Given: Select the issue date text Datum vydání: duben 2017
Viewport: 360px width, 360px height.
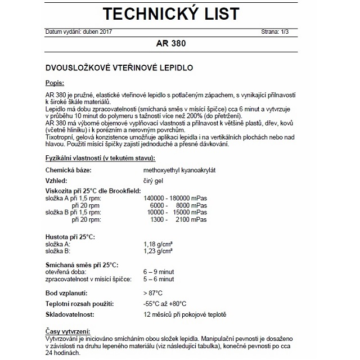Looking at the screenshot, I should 79,31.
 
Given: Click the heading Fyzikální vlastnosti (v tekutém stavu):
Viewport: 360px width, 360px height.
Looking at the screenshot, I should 100,159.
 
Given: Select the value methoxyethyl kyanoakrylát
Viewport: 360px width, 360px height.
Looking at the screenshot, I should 177,169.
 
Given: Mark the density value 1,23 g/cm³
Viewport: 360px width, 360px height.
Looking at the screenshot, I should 157,251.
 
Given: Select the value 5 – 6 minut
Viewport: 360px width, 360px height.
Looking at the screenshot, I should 158,279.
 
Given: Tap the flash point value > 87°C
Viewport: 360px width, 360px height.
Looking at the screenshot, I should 153,293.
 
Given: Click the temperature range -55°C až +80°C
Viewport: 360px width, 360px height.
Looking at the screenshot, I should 165,304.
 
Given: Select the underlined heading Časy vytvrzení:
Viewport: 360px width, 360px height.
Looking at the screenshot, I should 66,331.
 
